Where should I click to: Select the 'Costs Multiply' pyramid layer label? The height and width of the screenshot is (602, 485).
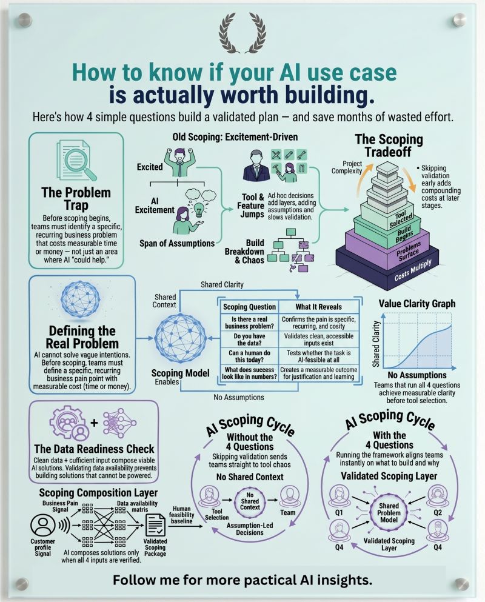coord(413,270)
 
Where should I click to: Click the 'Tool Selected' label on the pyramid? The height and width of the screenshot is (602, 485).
coord(401,220)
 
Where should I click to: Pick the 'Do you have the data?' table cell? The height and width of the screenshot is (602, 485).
coord(249,339)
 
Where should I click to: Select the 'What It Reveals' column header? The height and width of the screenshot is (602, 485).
coord(318,307)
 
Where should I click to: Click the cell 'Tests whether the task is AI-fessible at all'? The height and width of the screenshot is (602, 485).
coord(318,356)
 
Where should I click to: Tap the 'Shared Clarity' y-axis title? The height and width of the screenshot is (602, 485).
coord(376,344)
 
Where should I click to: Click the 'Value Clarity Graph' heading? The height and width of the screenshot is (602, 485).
coord(416,304)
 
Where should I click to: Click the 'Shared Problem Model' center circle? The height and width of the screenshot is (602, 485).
coord(389,513)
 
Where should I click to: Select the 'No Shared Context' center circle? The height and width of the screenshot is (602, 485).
coord(250,501)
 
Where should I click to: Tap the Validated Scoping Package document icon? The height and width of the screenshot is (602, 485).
coord(155,525)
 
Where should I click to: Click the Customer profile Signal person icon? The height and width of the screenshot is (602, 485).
coord(43,525)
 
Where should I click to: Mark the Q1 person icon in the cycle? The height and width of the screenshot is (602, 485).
coord(339,496)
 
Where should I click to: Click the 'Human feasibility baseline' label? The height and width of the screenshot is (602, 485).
coord(182,515)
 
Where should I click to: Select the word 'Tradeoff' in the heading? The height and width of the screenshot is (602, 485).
coord(388,152)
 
